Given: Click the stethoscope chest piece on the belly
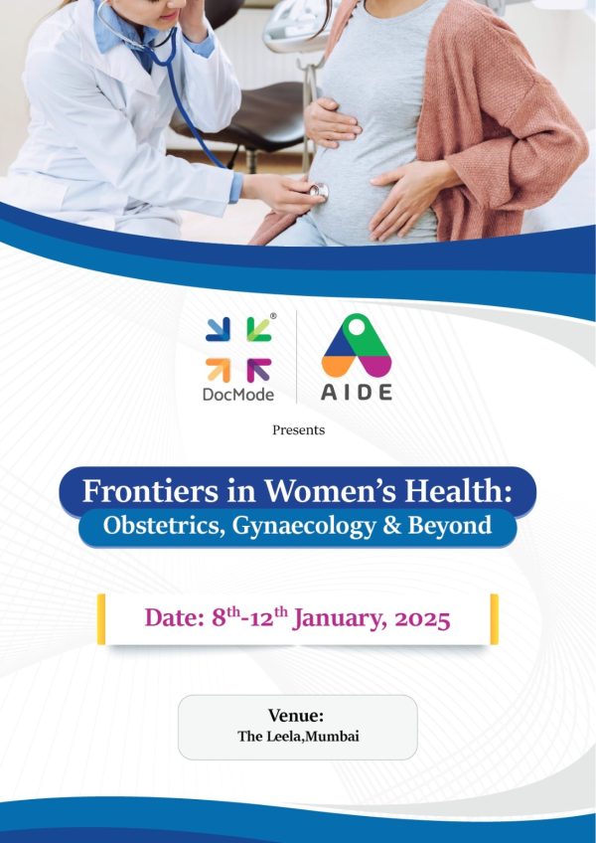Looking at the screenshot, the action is point(318,190).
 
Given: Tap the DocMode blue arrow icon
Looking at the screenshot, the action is point(218,329).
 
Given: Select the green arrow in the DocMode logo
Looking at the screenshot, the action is point(259,329).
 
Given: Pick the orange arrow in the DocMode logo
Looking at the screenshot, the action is point(218,371).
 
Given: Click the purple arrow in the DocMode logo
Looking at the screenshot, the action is point(259,371).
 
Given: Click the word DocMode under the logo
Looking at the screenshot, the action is point(238,395).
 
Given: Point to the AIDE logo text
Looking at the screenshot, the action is point(357,393).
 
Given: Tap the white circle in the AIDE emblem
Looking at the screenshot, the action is point(357,327).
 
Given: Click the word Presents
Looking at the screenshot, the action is point(298,430).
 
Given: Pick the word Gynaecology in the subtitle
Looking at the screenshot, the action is point(304,526).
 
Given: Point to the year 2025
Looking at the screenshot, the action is point(422,620).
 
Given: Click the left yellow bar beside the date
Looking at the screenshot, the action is point(101,618).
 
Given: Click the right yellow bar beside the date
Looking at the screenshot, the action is point(495,618).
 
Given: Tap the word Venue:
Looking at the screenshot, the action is point(296,716).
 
